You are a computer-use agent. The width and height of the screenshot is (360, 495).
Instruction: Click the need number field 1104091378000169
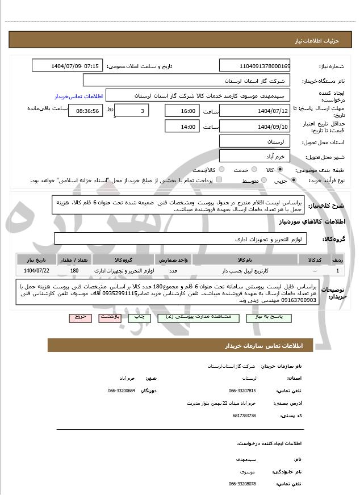point(254,66)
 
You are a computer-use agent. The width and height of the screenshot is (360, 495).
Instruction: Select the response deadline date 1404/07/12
point(254,111)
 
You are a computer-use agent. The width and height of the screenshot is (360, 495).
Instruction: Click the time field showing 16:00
point(181,111)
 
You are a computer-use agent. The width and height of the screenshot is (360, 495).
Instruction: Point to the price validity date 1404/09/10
point(254,127)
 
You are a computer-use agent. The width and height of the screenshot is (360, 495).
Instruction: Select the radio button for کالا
point(280,170)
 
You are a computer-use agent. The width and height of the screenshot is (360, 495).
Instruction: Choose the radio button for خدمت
point(253,170)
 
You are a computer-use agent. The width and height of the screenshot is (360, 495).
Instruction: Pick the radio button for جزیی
point(293,181)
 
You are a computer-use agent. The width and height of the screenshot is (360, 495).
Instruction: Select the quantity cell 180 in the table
point(74,271)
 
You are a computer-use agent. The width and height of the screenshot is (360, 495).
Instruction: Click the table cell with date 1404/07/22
point(37,271)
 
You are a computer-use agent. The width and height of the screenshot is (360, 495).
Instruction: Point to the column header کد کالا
point(315,260)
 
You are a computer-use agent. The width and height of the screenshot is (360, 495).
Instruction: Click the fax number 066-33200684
point(122,391)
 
